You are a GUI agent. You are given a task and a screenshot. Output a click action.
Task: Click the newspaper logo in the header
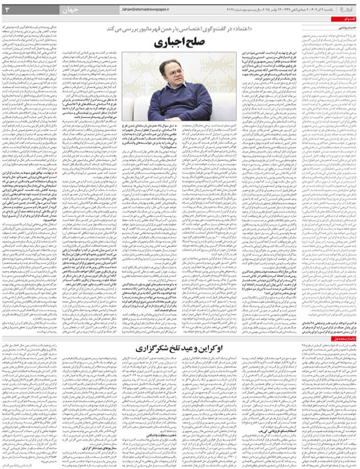348,9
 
